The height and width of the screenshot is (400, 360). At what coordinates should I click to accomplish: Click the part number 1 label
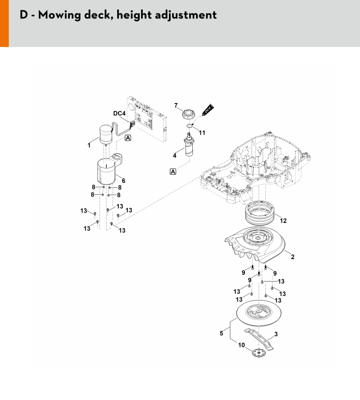coord(89,145)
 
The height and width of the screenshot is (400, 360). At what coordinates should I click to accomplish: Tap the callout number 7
coord(176,105)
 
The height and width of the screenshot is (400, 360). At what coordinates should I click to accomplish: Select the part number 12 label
coord(283,221)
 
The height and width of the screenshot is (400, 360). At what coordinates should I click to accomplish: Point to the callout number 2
coord(293,257)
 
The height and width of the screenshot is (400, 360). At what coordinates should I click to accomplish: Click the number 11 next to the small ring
coord(202,132)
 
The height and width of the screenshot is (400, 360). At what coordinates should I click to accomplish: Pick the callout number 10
coord(242,345)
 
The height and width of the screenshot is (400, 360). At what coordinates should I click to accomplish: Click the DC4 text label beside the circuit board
coord(119,113)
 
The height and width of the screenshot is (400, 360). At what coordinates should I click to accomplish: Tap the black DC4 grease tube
coord(208,110)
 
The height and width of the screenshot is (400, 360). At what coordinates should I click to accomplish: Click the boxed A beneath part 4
coord(173,172)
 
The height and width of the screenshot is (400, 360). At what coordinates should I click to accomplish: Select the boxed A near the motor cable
coord(128,138)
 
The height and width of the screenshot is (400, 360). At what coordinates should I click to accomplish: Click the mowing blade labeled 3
coord(259,339)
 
